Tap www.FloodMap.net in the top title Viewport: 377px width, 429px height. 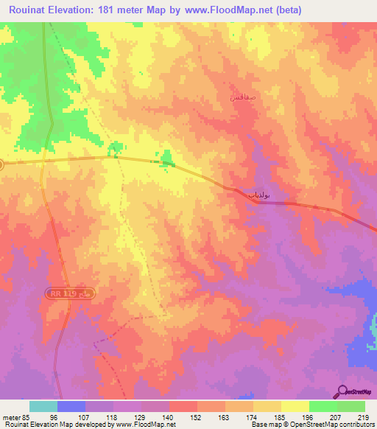coord(228,11)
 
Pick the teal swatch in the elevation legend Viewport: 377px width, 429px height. coord(43,406)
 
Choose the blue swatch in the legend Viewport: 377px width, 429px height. coord(71,406)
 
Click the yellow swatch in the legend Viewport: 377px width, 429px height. coord(295,406)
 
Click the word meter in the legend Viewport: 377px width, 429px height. coord(10,416)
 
